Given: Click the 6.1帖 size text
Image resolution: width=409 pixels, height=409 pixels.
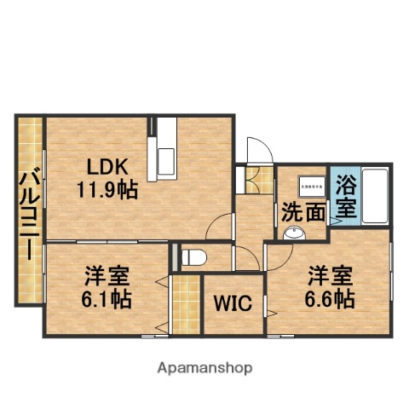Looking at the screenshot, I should click(107, 299).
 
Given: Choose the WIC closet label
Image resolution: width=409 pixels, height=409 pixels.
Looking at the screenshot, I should click(232, 304).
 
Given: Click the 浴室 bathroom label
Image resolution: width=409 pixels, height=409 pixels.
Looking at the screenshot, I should click(345, 194).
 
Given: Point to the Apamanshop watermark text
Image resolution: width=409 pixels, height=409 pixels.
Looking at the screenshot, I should click(204, 369).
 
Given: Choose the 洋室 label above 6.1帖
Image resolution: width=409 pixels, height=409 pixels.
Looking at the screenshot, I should click(106, 275).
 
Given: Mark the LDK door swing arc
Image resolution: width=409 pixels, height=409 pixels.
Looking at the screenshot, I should click(219, 225).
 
